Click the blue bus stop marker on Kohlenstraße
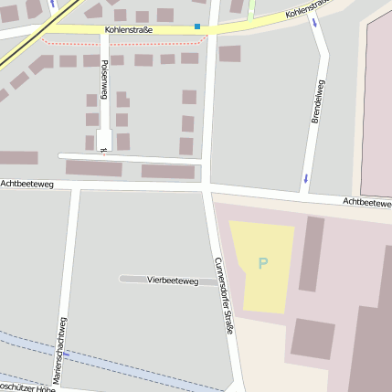[x=197, y=26]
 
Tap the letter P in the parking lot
[x=263, y=264]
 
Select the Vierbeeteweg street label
[x=173, y=281]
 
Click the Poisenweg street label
[x=104, y=79]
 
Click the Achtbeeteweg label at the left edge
[x=27, y=185]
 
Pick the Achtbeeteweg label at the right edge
[x=367, y=202]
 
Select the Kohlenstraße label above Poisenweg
[x=129, y=30]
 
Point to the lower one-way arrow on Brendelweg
[x=305, y=176]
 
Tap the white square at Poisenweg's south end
[x=104, y=140]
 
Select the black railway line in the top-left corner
[x=27, y=41]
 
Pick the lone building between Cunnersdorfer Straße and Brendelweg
[x=229, y=54]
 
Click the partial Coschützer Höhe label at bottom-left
[x=27, y=387]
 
